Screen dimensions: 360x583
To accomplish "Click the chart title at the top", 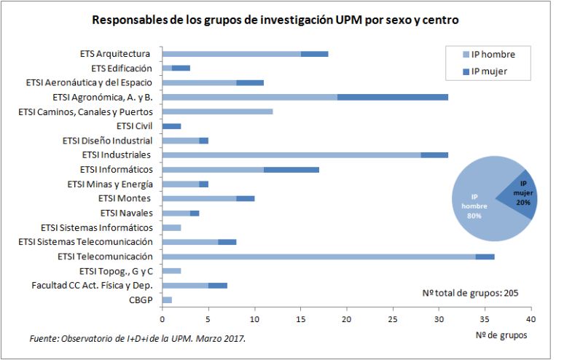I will click(x=275, y=20).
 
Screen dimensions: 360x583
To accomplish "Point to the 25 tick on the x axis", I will click(x=393, y=318).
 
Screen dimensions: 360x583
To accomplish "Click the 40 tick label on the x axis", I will click(x=531, y=318).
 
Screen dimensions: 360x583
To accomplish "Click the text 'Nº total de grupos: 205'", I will click(x=470, y=293).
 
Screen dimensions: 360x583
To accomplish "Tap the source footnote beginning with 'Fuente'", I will click(x=138, y=339).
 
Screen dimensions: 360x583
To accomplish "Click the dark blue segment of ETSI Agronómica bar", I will click(x=393, y=97).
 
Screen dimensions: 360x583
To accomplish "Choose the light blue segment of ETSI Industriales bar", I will click(x=291, y=154).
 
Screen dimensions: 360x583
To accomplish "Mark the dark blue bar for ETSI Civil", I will click(x=171, y=126).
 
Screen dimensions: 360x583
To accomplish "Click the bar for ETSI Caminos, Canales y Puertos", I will click(x=217, y=111).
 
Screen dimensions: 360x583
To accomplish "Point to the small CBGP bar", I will click(x=166, y=300).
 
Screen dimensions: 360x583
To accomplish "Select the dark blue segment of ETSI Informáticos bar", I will click(x=291, y=169).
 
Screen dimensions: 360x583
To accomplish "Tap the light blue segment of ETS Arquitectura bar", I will click(x=231, y=54).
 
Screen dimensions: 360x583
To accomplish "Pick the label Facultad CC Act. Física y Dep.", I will click(x=85, y=285).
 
